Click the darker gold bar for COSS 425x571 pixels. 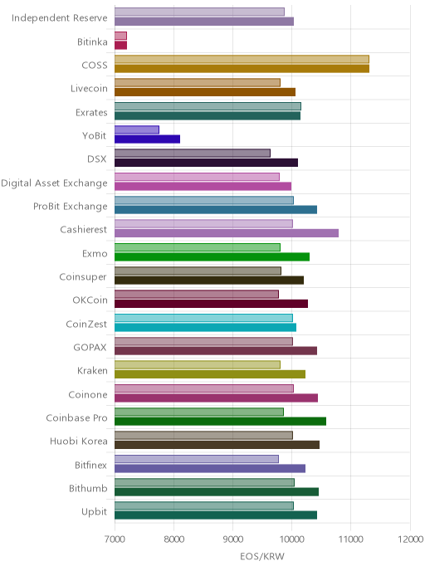242,68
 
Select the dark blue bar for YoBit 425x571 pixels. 147,139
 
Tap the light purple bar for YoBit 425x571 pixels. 137,129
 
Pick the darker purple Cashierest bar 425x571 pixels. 227,233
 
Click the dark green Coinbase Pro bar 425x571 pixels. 220,422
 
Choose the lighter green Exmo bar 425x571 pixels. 198,247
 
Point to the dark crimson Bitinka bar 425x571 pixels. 121,45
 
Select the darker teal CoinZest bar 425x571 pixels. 205,327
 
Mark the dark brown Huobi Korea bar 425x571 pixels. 217,445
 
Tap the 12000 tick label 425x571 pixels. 410,539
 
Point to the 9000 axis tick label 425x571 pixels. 232,539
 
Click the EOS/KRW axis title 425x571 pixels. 262,556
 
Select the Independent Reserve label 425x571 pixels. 60,18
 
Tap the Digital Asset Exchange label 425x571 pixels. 54,183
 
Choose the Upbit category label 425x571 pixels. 95,512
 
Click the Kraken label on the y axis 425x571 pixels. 92,371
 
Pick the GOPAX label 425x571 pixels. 90,348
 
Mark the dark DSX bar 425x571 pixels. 206,163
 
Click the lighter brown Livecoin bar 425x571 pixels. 198,82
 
